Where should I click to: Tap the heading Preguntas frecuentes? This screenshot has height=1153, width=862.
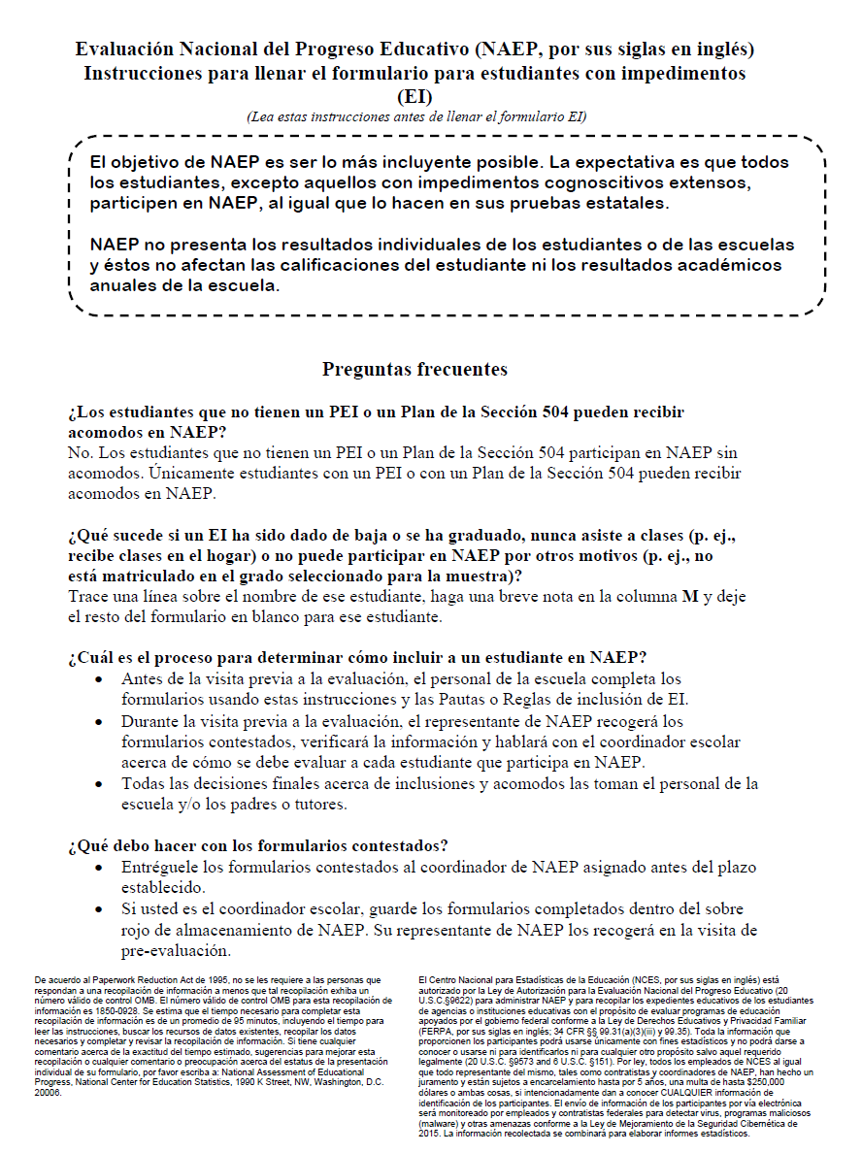coord(414,370)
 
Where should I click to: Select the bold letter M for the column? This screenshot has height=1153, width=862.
coord(690,598)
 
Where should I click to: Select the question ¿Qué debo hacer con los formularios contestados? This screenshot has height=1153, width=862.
coord(258,845)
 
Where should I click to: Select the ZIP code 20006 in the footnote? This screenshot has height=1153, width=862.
coord(48,1093)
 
